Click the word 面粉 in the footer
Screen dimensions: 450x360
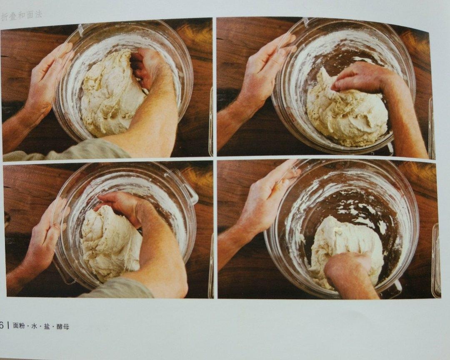19,326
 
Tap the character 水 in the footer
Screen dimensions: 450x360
35,326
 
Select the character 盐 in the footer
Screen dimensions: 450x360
47,326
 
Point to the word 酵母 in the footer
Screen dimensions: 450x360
63,327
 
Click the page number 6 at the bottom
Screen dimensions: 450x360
2,325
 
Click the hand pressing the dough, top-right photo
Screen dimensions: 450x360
362,77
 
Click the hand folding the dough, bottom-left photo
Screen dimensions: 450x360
123,207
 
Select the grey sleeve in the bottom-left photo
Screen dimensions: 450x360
120,288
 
